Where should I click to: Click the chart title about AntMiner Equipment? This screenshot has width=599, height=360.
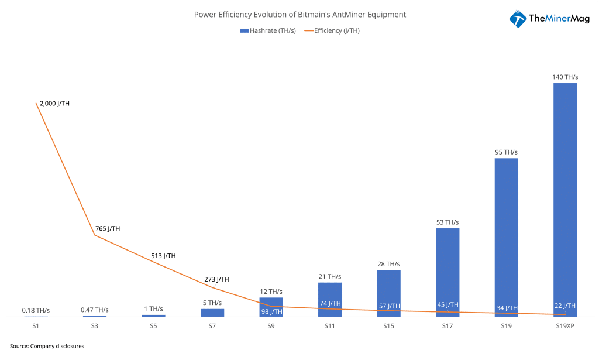coord(299,15)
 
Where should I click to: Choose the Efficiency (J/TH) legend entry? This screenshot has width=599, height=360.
coord(331,30)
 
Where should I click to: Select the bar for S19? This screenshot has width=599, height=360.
coord(507,234)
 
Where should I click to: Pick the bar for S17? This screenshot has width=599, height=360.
coord(447,269)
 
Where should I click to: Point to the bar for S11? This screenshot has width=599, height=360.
coord(330,296)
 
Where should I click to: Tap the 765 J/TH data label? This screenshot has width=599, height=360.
coord(108,229)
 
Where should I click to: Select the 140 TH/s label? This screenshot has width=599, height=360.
coord(565,77)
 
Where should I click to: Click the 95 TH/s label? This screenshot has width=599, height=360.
coord(507,152)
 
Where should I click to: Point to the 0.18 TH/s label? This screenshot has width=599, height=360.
coord(36,310)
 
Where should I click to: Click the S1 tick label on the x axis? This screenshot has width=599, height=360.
coord(36,325)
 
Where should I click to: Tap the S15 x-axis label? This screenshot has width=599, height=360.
coord(388,325)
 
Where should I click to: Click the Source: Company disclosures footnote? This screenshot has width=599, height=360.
coord(47,346)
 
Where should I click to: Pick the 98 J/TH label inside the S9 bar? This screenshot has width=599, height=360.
coord(271,311)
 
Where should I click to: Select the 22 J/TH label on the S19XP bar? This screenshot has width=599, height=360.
coord(564,306)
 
